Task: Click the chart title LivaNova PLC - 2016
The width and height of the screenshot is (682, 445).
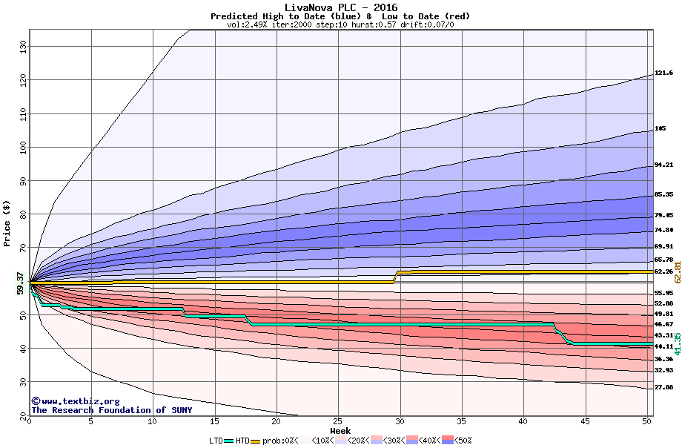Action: pyautogui.click(x=340, y=7)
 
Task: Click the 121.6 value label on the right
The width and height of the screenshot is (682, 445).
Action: pyautogui.click(x=663, y=73)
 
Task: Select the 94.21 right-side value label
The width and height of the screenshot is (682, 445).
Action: pyautogui.click(x=663, y=165)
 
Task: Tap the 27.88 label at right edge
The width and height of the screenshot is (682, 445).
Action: pyautogui.click(x=663, y=387)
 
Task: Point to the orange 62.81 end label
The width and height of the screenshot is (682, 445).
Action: pyautogui.click(x=677, y=271)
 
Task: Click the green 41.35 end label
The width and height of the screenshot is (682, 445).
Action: pyautogui.click(x=677, y=345)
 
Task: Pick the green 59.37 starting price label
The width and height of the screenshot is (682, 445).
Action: pyautogui.click(x=19, y=283)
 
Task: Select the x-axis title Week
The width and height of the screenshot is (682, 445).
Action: pyautogui.click(x=340, y=430)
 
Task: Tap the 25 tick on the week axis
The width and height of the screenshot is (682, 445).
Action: pyautogui.click(x=338, y=421)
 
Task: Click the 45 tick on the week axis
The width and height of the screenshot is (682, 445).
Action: pyautogui.click(x=585, y=421)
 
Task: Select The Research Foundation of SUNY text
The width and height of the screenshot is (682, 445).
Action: pyautogui.click(x=111, y=410)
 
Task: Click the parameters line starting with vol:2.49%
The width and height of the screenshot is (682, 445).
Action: pyautogui.click(x=340, y=24)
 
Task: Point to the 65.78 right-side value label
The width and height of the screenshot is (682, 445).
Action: pyautogui.click(x=663, y=260)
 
